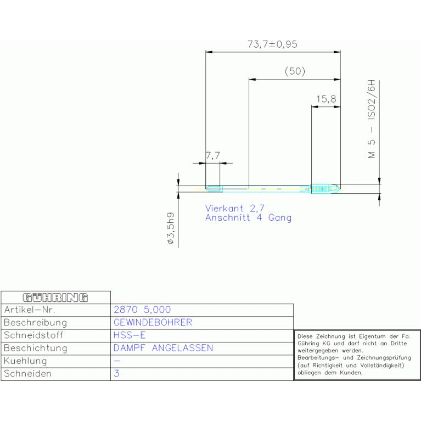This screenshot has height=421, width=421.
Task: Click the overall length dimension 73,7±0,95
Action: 272,44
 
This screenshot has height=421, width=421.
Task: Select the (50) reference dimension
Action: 295,71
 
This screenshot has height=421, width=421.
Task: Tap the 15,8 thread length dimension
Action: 326,99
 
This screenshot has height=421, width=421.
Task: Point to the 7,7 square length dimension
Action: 212,156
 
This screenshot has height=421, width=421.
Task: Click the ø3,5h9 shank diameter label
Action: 171,228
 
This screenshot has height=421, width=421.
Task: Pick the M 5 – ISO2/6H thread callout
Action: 372,120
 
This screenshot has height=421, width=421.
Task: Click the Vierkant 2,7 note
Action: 235,208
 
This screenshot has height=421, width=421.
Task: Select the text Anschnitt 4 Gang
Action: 248,218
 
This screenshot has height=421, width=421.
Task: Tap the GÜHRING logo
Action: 55,297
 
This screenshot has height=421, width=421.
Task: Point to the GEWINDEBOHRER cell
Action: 153,322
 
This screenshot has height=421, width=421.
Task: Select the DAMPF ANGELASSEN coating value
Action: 163,348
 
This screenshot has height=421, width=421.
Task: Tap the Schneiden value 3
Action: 116,373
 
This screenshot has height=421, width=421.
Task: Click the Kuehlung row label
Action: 25,361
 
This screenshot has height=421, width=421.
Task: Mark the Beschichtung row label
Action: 35,348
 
